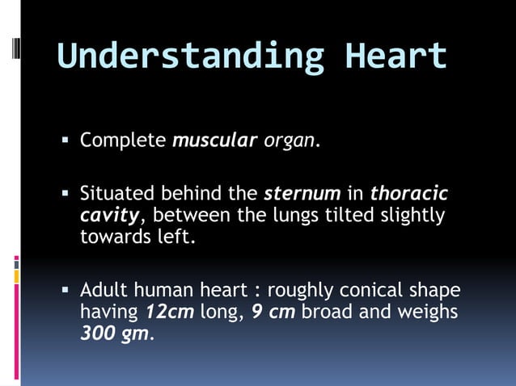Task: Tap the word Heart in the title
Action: (395, 56)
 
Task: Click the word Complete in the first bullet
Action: (123, 141)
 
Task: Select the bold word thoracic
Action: (408, 195)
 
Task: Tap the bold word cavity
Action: (109, 216)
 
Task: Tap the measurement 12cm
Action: (170, 312)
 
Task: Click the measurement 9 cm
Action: (273, 312)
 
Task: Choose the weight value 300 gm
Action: (115, 333)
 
